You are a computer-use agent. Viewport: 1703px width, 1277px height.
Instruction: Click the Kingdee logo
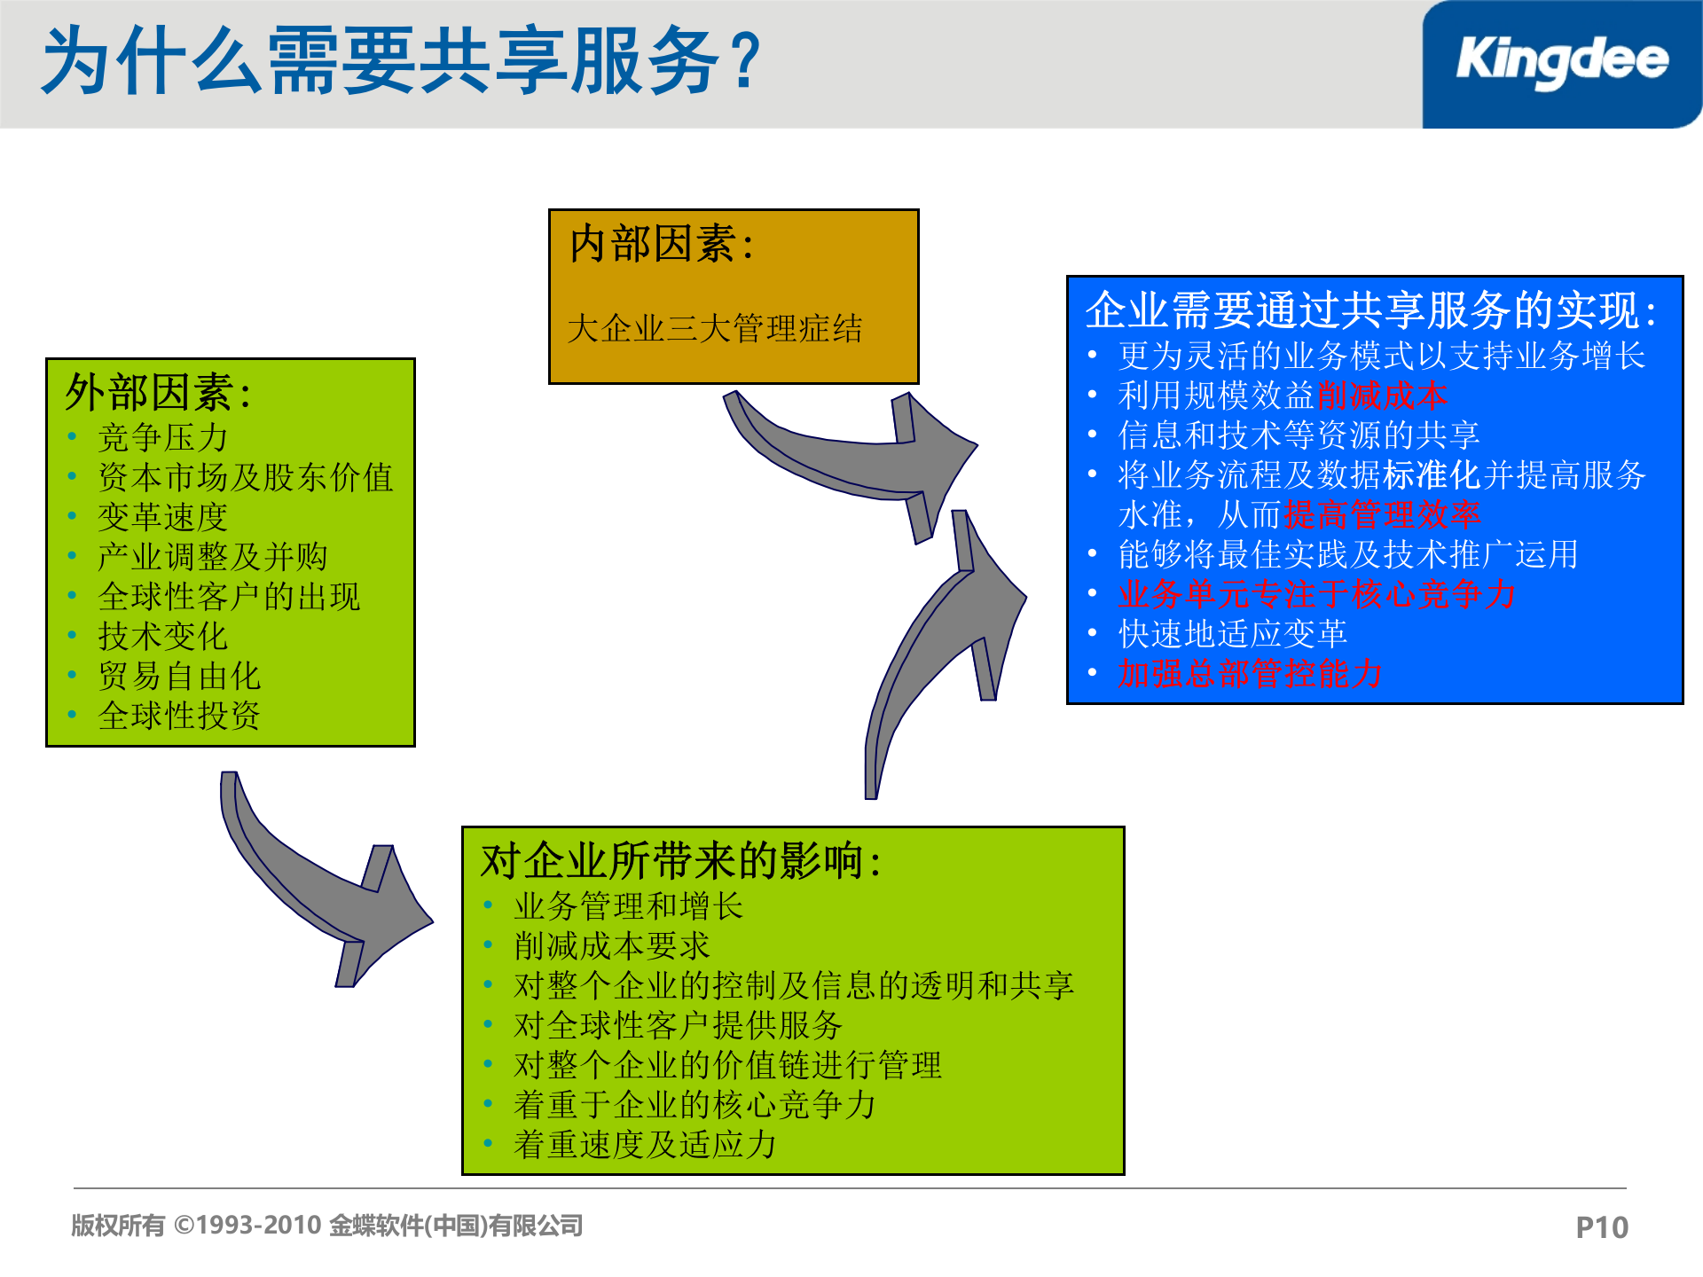1561,62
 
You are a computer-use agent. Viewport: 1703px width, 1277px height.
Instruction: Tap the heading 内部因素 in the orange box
661,244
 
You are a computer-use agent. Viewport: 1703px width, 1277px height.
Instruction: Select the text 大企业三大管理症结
714,329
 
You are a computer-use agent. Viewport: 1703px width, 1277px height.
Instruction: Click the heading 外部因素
158,392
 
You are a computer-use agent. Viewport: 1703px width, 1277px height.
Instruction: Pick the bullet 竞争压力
163,437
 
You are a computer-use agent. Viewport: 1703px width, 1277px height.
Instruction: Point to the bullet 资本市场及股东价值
246,477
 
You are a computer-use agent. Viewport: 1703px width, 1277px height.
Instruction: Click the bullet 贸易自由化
179,676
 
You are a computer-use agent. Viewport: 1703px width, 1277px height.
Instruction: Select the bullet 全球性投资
179,716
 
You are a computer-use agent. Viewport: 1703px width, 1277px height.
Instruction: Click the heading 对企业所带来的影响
680,861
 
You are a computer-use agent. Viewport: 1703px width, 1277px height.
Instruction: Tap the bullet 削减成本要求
612,945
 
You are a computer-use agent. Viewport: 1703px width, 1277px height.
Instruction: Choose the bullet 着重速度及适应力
645,1144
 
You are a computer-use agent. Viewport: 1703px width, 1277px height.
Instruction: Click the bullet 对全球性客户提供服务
678,1025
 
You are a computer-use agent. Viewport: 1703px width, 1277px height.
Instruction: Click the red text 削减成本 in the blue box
1382,396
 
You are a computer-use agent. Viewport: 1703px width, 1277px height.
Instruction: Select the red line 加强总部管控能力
1250,674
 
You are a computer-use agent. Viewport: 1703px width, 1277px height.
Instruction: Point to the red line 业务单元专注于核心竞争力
1317,594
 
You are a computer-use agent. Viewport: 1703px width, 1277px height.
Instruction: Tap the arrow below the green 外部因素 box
328,896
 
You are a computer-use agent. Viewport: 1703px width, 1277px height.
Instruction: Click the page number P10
1601,1227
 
